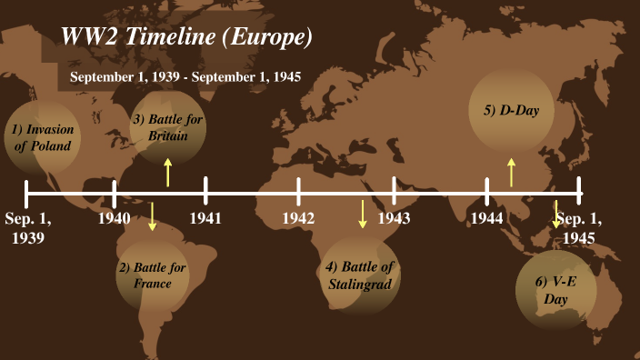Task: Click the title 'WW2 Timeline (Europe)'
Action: pyautogui.click(x=186, y=36)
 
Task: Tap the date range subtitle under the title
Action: pyautogui.click(x=185, y=76)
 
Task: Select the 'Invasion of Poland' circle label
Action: pyautogui.click(x=43, y=137)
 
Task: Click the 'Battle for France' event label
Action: pyautogui.click(x=152, y=275)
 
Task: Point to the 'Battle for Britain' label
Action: pyautogui.click(x=168, y=128)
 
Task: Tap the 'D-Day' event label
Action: pyautogui.click(x=511, y=110)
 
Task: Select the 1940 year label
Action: pyautogui.click(x=115, y=218)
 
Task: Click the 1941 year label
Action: pyautogui.click(x=206, y=218)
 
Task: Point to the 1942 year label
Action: pyautogui.click(x=298, y=218)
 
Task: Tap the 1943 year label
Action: pyautogui.click(x=394, y=218)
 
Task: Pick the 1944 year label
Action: pyautogui.click(x=487, y=218)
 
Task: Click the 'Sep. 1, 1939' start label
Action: pyautogui.click(x=28, y=228)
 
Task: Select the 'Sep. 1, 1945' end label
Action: pyautogui.click(x=579, y=228)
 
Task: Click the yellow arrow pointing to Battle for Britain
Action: pyautogui.click(x=168, y=172)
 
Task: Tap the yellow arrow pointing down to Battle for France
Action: pyautogui.click(x=152, y=215)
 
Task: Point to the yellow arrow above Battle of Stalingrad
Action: pyautogui.click(x=363, y=214)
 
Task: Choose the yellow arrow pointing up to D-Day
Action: pyautogui.click(x=511, y=172)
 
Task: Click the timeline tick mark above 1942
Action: pyautogui.click(x=298, y=192)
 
